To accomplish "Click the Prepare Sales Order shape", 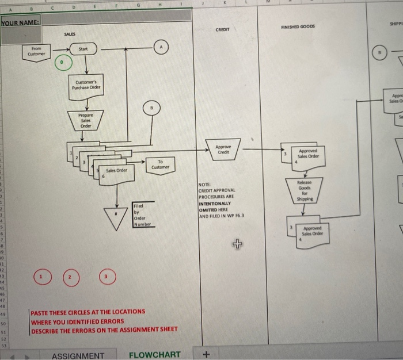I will (86, 120).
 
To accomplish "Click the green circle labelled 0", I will (60, 60).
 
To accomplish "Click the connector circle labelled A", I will (161, 48).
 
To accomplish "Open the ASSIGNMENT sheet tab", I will (78, 355).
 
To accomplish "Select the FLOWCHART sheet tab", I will (154, 355).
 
